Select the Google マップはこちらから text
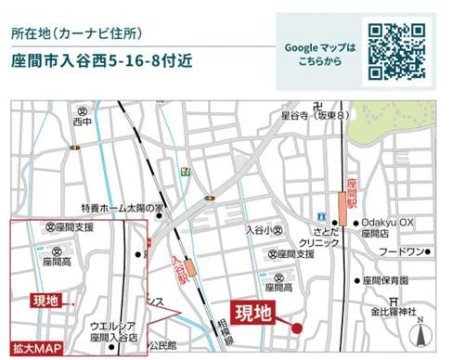[319, 54]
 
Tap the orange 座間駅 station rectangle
[345, 212]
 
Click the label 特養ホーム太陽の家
[122, 208]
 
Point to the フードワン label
[402, 252]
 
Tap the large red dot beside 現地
[297, 327]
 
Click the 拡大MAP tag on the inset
[34, 348]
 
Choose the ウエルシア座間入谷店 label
[114, 331]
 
